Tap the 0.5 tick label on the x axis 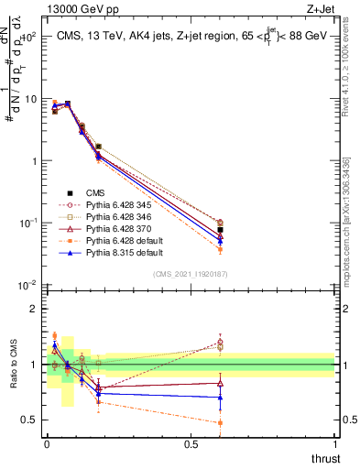pos(190,442)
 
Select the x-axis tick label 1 pos(335,442)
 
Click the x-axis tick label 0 pos(47,442)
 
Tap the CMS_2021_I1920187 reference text pos(191,274)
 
